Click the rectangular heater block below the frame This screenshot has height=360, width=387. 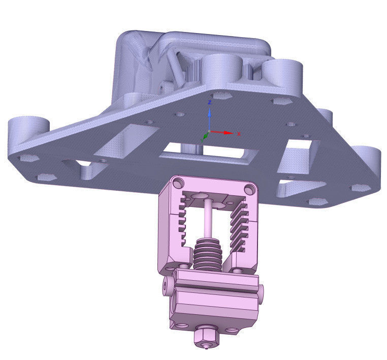pos(213,303)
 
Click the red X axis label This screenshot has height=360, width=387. pos(239,134)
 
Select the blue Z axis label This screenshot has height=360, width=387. pos(209,102)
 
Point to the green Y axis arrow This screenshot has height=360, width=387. pos(205,136)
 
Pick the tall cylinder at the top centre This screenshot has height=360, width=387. pos(220,69)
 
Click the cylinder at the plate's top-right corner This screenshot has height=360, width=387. pos(282,74)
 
